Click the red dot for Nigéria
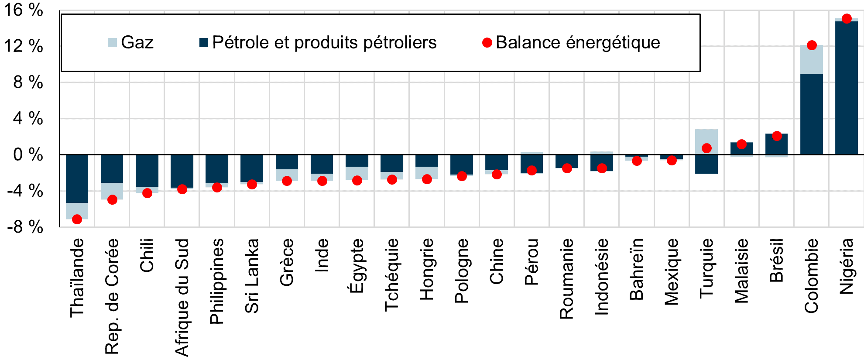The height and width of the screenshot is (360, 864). (x=846, y=19)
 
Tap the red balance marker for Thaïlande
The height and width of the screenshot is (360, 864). (x=77, y=219)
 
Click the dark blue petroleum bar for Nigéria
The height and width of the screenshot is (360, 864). (x=846, y=87)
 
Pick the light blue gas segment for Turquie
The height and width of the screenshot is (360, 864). (x=706, y=139)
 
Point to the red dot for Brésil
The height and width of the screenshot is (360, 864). (x=776, y=136)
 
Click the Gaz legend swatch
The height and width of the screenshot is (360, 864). (x=112, y=43)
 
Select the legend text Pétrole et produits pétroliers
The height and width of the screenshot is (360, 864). (x=324, y=43)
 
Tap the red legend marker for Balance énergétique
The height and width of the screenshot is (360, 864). (x=487, y=43)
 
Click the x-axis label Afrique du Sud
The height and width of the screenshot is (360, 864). (x=182, y=297)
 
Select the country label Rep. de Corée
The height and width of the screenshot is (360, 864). (x=112, y=296)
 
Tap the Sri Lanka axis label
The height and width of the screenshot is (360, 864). (x=252, y=276)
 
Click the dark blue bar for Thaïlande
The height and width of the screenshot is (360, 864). (x=77, y=179)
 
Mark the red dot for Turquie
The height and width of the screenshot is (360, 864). (x=706, y=148)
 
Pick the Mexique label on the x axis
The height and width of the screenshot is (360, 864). (x=672, y=271)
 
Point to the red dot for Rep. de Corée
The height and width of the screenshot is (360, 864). (x=112, y=200)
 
